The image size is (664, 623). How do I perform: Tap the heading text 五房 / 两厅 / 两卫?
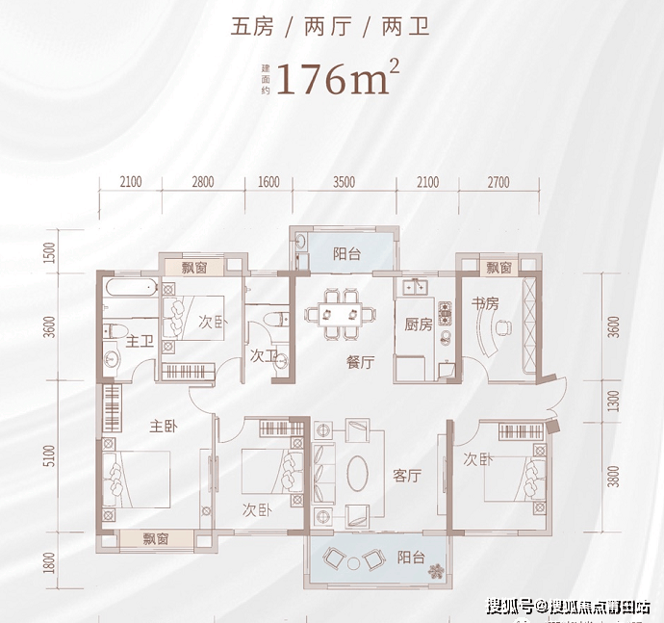330,27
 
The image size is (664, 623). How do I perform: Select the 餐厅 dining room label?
360,363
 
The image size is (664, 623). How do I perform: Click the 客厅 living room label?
408,476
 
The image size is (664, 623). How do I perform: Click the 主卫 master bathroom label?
140,340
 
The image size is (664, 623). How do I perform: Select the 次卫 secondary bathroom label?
264,355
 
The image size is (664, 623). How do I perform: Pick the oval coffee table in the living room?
356,474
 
